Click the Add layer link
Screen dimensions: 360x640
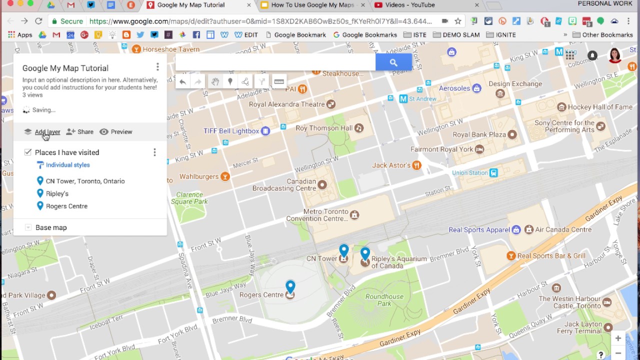point(47,132)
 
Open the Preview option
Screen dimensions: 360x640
point(116,132)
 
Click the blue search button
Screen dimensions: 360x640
point(393,62)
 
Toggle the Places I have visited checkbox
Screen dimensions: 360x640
point(28,152)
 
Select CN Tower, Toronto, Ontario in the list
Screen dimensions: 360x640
point(85,181)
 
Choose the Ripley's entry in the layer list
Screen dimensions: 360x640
point(57,193)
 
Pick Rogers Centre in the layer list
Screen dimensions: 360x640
point(66,206)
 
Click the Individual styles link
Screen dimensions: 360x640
point(67,165)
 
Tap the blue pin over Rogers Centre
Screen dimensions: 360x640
point(290,286)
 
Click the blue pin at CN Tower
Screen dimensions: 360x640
point(343,250)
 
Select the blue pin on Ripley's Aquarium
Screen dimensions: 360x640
point(365,253)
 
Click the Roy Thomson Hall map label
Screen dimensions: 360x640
point(324,128)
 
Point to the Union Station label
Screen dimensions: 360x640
point(469,173)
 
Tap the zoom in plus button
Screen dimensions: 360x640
point(618,338)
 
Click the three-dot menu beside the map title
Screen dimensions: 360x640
point(157,67)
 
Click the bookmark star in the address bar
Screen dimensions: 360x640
point(457,21)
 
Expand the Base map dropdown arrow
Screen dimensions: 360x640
point(28,227)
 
